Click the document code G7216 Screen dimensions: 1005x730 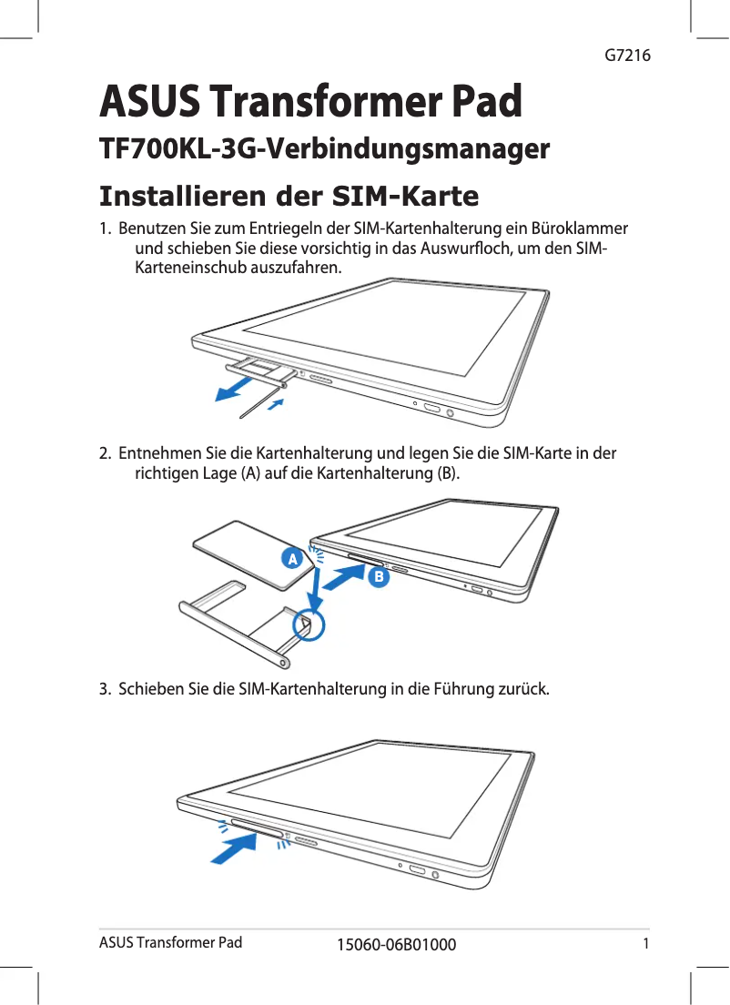tap(627, 56)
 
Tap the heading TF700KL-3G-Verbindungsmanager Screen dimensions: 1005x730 tap(324, 148)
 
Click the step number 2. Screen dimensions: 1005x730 tap(105, 452)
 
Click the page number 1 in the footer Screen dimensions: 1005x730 tap(645, 942)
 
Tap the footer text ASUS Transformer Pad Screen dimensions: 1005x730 tap(170, 942)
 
